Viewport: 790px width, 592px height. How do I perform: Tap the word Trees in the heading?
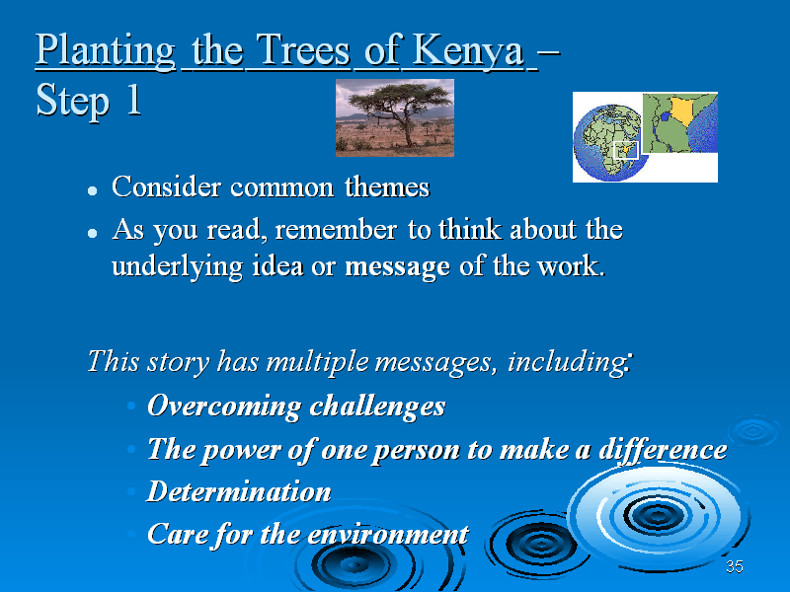coord(303,49)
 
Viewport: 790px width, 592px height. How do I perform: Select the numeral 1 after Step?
coord(134,100)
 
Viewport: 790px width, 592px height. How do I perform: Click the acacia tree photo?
coord(395,117)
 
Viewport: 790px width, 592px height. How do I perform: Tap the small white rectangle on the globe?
coord(626,150)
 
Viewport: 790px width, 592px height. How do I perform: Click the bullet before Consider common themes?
coord(92,190)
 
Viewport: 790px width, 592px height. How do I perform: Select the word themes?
coord(387,186)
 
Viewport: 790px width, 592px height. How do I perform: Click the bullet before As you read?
coord(92,233)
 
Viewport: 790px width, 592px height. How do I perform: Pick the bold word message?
coord(397,266)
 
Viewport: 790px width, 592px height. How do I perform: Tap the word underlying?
coord(178,266)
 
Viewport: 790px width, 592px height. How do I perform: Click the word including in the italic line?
coord(568,361)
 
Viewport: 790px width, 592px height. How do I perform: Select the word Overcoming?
coord(224,406)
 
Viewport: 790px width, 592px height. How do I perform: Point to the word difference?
coord(663,449)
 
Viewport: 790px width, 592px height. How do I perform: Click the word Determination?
coord(239,491)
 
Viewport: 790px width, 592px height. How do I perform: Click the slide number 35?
coord(735,566)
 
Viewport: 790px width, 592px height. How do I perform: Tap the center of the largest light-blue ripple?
coord(657,515)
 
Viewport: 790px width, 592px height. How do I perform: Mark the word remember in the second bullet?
coord(336,230)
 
